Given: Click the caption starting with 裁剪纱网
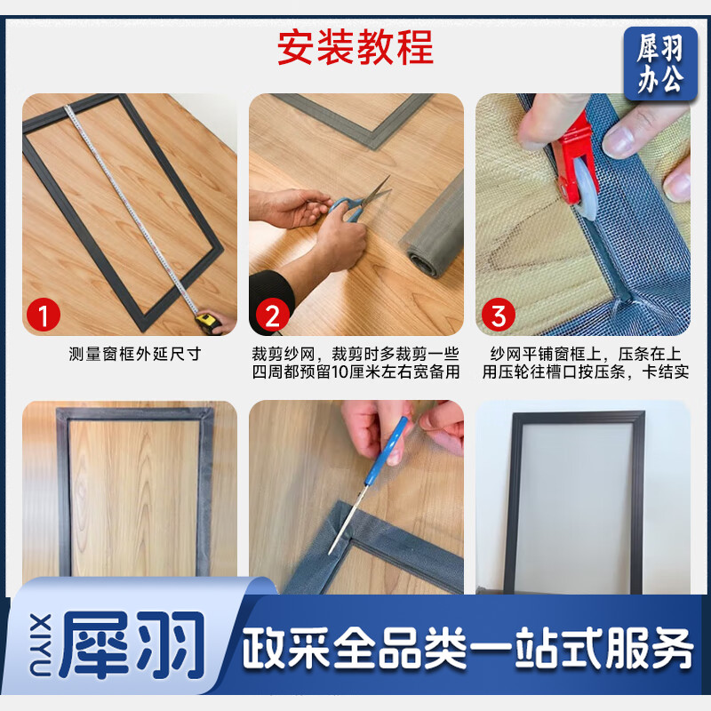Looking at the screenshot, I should pyautogui.click(x=355, y=363).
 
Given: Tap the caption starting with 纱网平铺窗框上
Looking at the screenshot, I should pyautogui.click(x=585, y=363).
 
